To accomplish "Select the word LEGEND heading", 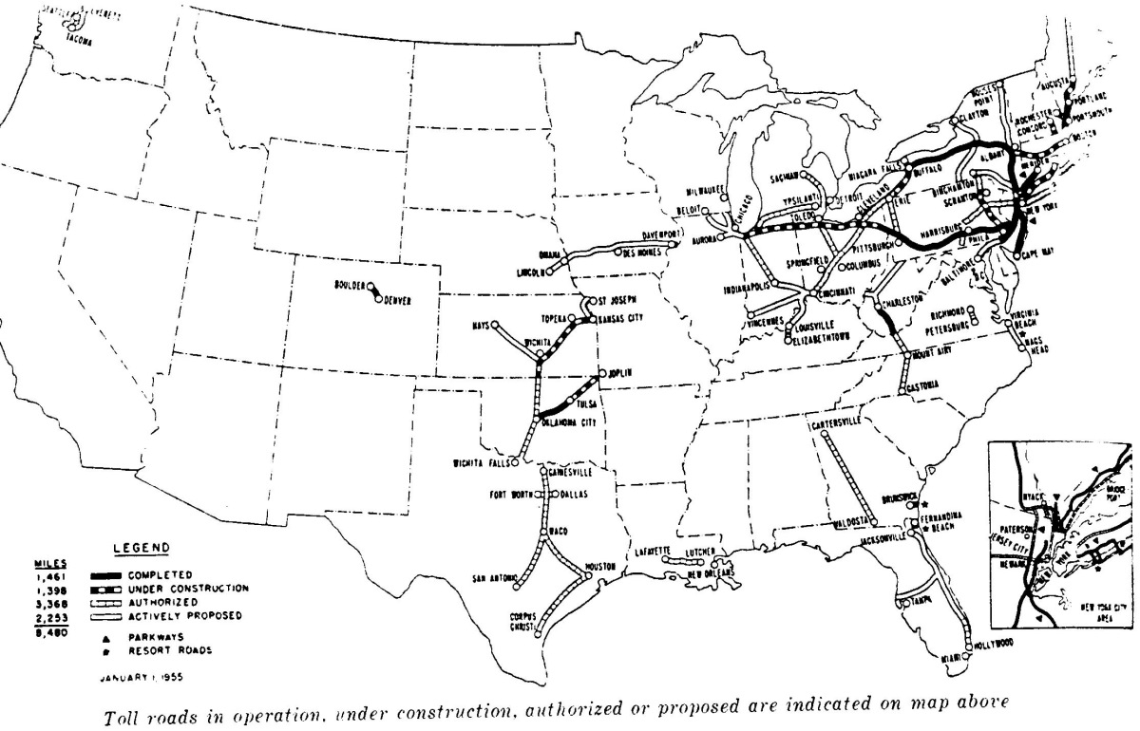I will pos(141,547).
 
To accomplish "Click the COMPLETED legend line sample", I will pos(107,575).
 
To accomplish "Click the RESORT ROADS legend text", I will pos(167,651).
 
